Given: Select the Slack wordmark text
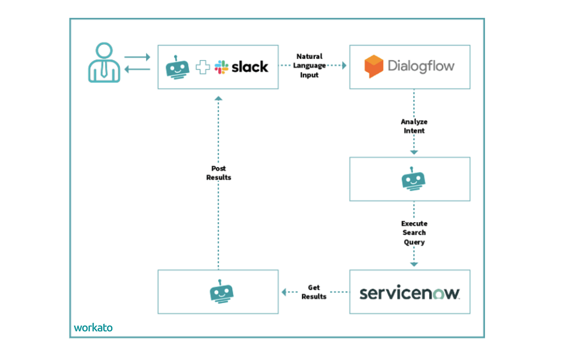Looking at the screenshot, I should pos(249,67).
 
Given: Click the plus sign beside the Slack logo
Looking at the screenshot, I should pos(203,67).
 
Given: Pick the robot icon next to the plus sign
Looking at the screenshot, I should pos(177,67).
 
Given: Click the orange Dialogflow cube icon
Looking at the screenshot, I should pos(373,67).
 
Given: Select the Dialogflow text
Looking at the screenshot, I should pos(421,66).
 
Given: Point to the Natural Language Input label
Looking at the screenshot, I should pos(309,66).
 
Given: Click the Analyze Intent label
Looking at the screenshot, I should pos(414,126).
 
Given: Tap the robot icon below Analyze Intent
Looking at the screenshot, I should pos(413,179).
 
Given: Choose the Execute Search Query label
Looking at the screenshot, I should pos(414,232).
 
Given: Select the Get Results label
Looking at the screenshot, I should pos(314,292).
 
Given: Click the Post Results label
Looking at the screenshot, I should pos(218,173).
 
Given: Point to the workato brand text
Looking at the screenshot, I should pos(93,327).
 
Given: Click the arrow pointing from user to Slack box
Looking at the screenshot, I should pos(137,57).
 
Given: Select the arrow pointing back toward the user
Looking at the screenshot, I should pos(137,69).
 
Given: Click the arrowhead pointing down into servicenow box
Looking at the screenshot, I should pos(414,265).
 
